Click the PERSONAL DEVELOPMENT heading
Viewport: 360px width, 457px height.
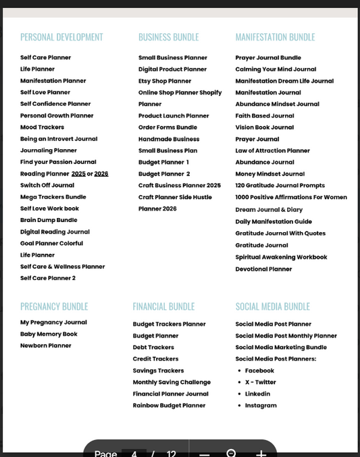[x=61, y=37]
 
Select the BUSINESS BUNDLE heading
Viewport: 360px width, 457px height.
[x=168, y=37]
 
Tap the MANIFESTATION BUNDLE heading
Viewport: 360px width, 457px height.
[x=275, y=37]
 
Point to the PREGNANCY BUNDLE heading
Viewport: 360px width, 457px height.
[x=54, y=306]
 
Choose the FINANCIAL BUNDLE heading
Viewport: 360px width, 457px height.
[x=163, y=306]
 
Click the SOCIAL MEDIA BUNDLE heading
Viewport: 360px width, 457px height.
[x=272, y=306]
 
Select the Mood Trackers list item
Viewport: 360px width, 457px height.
[x=42, y=127]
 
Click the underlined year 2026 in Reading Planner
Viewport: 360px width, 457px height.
[x=101, y=173]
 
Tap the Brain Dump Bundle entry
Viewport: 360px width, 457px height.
[x=49, y=220]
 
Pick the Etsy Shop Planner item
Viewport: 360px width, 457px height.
[x=165, y=81]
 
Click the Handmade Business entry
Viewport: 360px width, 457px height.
[x=169, y=139]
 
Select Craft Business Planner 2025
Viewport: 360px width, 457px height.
[x=179, y=186]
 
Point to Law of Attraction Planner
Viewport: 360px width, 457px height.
[x=272, y=151]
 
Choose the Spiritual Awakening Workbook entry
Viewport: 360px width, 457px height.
[x=281, y=257]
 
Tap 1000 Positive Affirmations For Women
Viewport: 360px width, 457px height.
[x=291, y=197]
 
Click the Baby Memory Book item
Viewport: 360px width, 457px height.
[x=49, y=334]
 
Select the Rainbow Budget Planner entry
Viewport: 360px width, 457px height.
[x=169, y=406]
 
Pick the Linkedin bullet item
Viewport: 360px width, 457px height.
[x=257, y=394]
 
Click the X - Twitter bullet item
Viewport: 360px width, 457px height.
[x=260, y=382]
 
